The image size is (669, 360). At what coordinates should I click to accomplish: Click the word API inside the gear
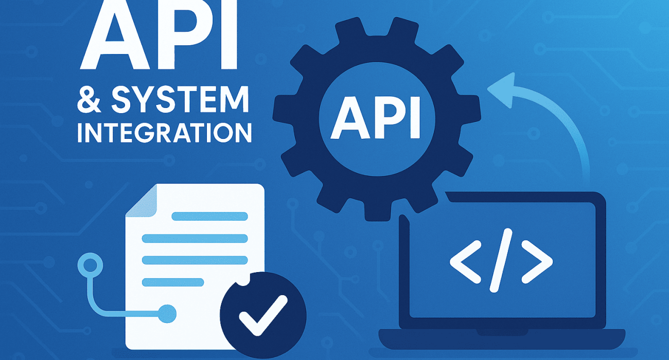point(376,118)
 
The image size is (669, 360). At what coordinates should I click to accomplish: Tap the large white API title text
point(159,34)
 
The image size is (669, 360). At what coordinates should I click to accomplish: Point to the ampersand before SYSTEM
point(89,100)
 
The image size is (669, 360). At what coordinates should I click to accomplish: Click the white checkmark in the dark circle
point(263,315)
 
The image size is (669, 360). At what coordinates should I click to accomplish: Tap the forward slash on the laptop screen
point(501,260)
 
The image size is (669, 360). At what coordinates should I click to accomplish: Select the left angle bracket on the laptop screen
point(465,262)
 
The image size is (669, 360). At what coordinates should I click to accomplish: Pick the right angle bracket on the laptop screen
point(537,262)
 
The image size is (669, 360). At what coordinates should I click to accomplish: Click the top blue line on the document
point(209,216)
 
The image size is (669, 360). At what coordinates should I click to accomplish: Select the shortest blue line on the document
point(173,282)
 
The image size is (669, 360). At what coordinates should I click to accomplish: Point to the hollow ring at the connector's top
point(90,265)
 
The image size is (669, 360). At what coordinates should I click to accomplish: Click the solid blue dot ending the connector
point(167,314)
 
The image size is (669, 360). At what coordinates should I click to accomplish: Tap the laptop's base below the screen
point(502,339)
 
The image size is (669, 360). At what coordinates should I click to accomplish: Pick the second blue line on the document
point(195,239)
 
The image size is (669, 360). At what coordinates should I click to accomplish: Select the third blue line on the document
point(195,260)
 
